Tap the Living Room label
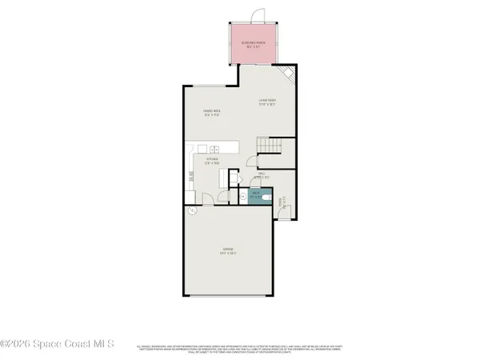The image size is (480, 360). (x=267, y=102)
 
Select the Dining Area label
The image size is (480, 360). (x=211, y=113)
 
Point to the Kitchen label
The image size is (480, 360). (x=212, y=160)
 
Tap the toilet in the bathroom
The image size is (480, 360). (x=270, y=196)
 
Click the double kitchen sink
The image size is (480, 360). (x=215, y=148)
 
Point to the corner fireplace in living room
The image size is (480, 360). (x=291, y=77)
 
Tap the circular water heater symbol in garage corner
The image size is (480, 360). (x=193, y=211)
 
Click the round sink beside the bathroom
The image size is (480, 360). (x=241, y=195)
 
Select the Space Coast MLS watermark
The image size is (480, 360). (x=58, y=344)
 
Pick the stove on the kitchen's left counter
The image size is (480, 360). (x=190, y=179)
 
